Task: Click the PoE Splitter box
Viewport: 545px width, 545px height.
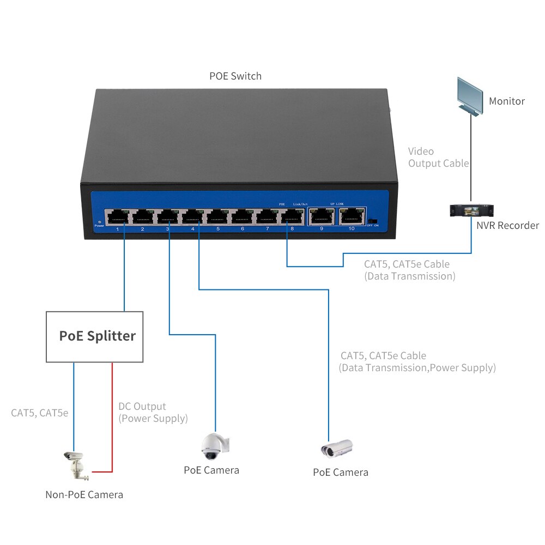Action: [x=94, y=336]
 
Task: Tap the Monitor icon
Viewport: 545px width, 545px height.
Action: [x=469, y=95]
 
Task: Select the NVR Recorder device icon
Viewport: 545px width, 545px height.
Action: [x=470, y=210]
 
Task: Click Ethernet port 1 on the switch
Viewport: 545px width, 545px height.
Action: [x=118, y=216]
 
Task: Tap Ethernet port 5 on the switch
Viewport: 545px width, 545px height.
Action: [x=217, y=216]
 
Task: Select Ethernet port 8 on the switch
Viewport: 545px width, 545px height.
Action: [x=292, y=216]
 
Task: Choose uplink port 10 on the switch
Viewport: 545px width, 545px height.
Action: [x=351, y=216]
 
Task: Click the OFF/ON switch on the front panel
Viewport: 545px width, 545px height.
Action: [x=372, y=221]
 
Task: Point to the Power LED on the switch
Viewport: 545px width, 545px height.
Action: [x=99, y=221]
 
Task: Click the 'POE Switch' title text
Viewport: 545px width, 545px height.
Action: [x=235, y=76]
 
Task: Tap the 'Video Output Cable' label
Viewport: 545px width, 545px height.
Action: [x=438, y=158]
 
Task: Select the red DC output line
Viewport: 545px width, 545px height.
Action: [x=112, y=414]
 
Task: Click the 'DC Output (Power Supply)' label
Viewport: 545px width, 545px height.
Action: [x=153, y=413]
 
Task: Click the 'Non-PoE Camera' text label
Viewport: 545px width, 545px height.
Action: [x=84, y=495]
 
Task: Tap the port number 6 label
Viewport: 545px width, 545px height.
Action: [x=243, y=229]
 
